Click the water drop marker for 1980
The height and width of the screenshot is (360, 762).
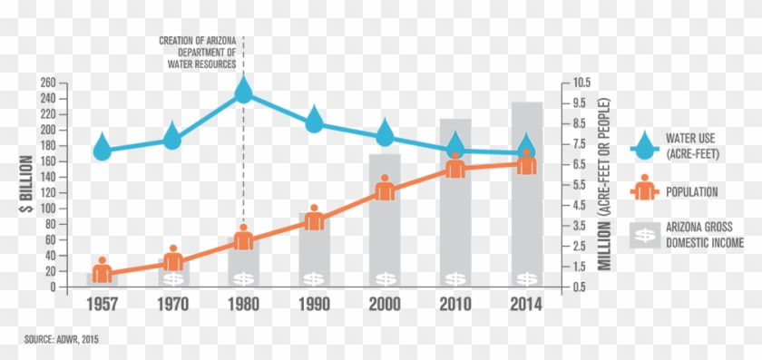[243, 90]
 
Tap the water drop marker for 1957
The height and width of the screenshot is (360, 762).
[103, 147]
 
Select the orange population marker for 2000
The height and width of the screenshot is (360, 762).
[385, 189]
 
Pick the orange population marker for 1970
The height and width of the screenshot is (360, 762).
[173, 258]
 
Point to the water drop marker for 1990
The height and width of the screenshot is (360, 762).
[315, 119]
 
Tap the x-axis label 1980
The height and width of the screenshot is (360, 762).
[244, 304]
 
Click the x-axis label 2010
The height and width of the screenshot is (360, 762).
[456, 304]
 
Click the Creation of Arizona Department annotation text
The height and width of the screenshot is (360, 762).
[198, 53]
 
